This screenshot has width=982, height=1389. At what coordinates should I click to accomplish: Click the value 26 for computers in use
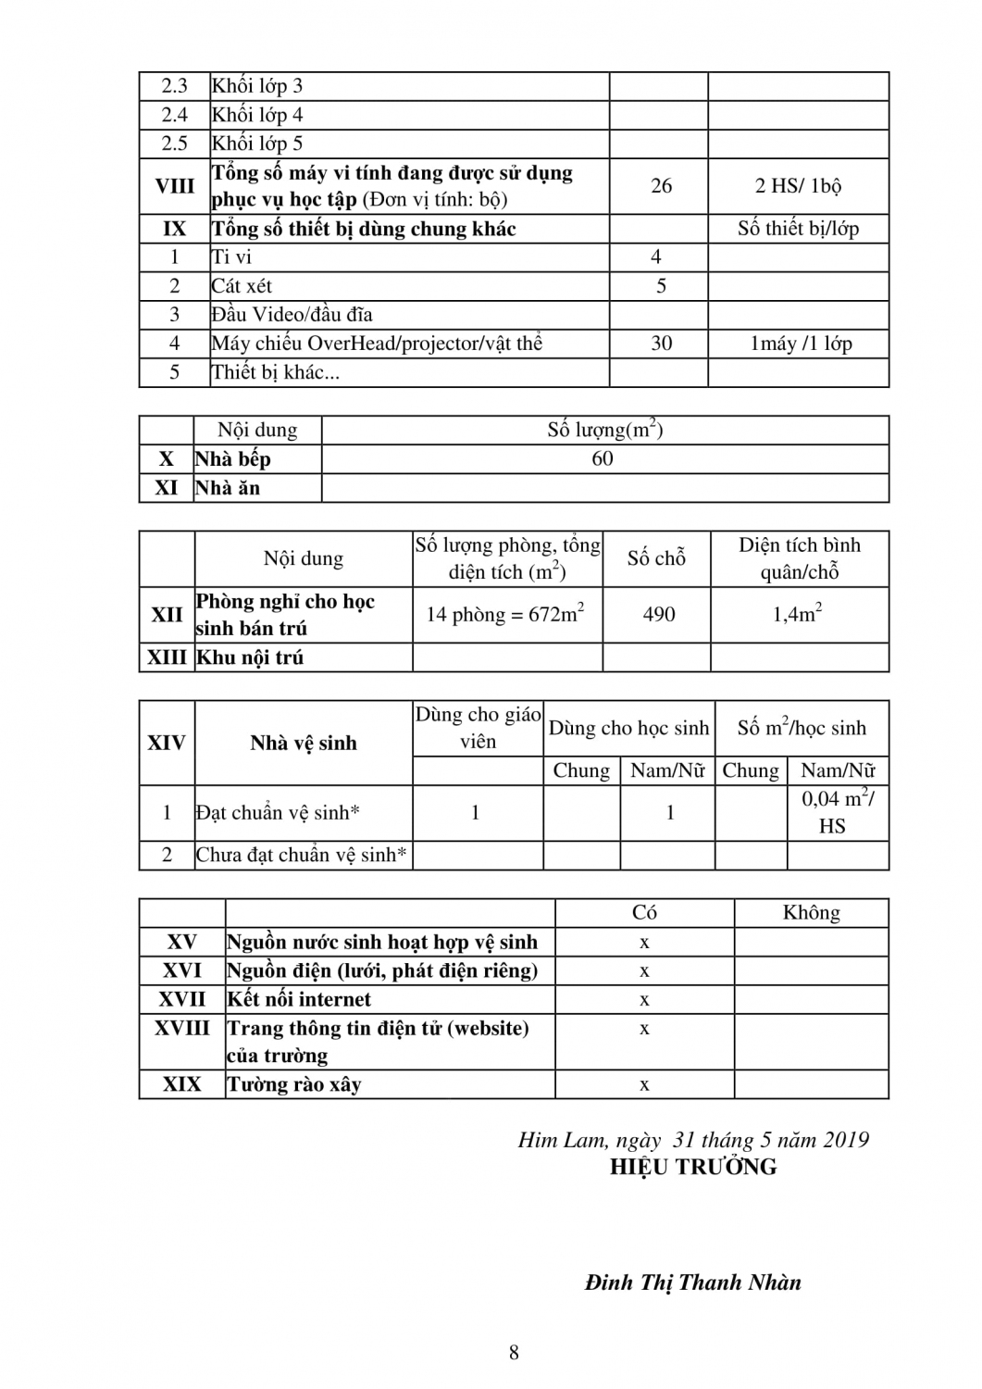pos(661,186)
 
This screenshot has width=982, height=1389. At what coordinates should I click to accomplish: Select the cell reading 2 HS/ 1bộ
pos(798,186)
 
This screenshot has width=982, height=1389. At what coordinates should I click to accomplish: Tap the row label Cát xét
pos(242,286)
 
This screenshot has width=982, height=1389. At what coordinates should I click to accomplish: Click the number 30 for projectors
pos(661,344)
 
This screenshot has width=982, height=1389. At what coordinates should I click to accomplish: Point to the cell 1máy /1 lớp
pos(801,344)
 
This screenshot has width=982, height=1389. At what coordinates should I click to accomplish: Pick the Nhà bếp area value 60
pos(603,459)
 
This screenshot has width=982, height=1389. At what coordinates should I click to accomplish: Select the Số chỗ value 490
pos(658,615)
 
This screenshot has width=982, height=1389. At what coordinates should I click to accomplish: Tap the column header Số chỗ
pos(656,558)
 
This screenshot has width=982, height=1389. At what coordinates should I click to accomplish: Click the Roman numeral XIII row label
pos(167,657)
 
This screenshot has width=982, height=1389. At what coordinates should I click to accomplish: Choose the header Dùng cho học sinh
pos(628,729)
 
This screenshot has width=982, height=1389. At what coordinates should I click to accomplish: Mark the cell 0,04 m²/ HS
pos(837,812)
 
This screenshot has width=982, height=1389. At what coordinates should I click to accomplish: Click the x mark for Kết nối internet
pos(644,1000)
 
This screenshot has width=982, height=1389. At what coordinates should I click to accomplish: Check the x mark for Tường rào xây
pos(644,1085)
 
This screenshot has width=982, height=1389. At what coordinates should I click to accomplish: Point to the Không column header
pos(811,913)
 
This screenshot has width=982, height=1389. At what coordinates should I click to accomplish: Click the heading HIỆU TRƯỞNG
pos(693,1168)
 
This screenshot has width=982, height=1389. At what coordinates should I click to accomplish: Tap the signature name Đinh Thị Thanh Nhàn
pos(693,1283)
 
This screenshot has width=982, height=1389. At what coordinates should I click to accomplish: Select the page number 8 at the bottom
pos(514,1353)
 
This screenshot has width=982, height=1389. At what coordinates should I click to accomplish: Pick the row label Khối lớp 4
pos(257,115)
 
